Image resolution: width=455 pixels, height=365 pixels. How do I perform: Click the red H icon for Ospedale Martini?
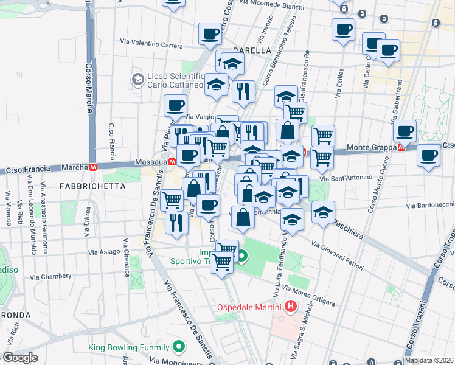click(x=291, y=306)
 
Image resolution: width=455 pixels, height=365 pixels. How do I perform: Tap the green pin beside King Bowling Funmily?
click(x=178, y=347)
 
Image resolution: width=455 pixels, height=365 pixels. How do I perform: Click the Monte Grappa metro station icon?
click(x=400, y=147)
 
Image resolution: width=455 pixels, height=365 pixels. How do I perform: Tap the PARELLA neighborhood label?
click(x=251, y=50)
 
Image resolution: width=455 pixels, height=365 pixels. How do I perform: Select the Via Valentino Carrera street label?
click(x=151, y=44)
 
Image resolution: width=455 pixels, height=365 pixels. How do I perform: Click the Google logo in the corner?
click(x=20, y=358)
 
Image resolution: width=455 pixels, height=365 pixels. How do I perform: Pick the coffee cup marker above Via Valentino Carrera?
click(x=210, y=34)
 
